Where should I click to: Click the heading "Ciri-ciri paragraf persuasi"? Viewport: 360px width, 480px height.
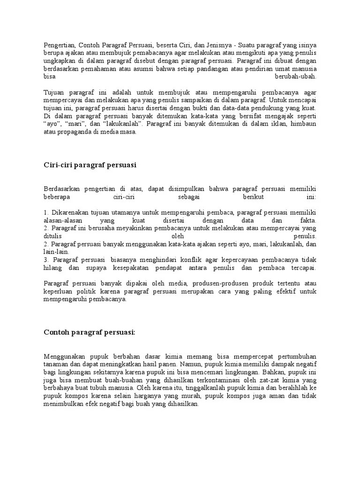tap(90, 165)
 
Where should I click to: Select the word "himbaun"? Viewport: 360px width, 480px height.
tap(304, 124)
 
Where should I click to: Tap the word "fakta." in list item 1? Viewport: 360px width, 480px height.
tap(307, 220)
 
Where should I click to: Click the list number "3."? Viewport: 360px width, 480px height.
tap(46, 260)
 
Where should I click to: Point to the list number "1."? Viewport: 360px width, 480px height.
tap(46, 212)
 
